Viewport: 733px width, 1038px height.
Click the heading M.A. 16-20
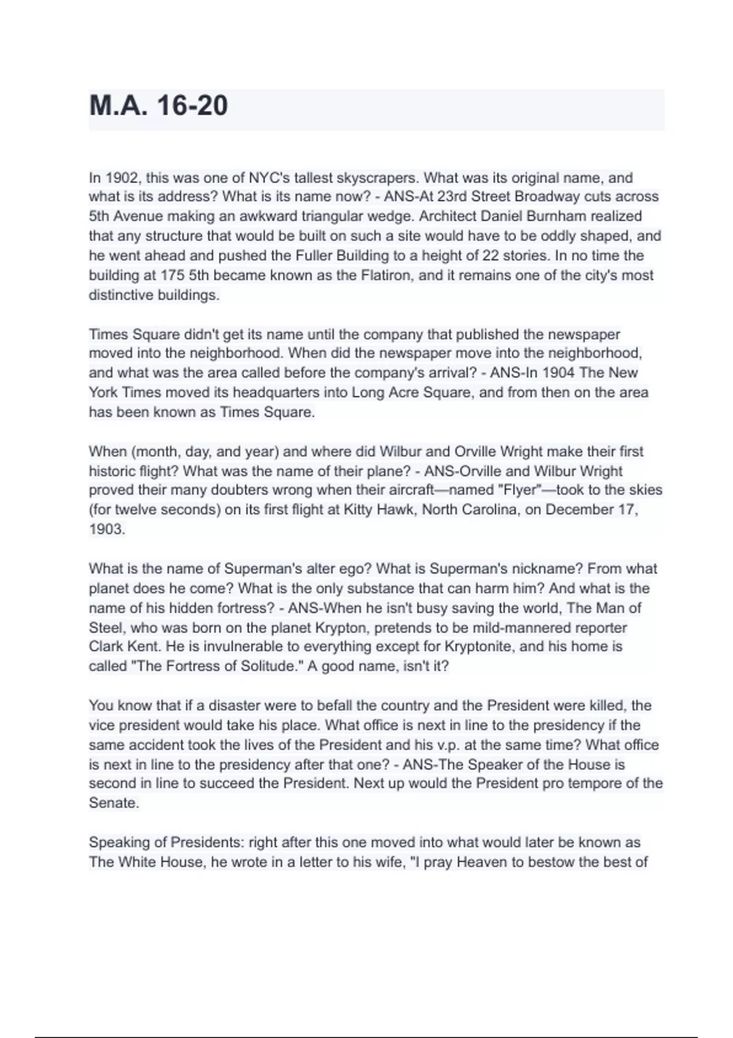point(158,106)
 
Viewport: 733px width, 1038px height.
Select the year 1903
point(107,529)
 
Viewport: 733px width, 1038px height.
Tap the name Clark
point(107,647)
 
